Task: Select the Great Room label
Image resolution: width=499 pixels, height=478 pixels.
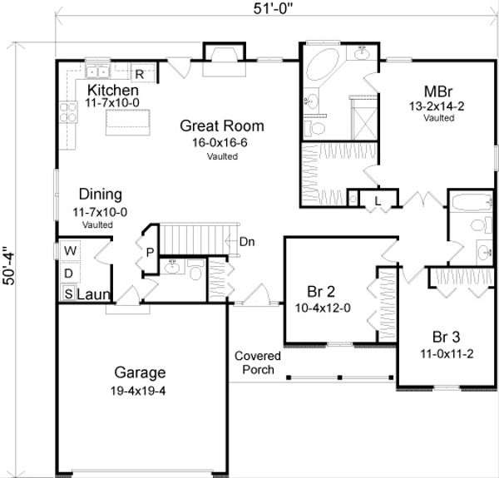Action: click(222, 126)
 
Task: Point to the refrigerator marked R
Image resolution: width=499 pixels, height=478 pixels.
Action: click(141, 74)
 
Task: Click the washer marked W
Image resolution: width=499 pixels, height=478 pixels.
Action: click(69, 250)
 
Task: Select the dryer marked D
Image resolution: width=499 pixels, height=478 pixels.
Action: click(69, 273)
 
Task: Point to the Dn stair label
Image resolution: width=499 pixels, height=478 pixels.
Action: click(247, 242)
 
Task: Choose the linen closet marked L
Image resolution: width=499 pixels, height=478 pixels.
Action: click(377, 200)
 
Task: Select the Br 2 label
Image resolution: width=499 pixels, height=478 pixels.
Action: click(321, 292)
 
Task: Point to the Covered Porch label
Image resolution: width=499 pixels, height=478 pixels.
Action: click(257, 362)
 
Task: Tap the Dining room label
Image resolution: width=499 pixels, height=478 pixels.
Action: click(98, 195)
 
